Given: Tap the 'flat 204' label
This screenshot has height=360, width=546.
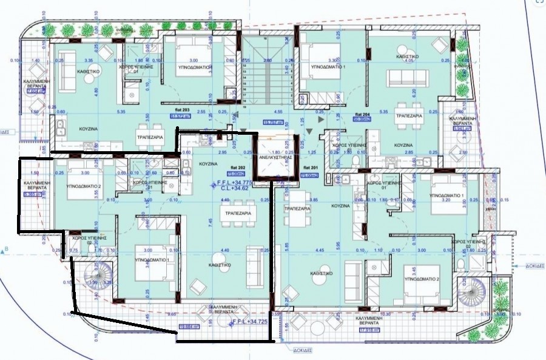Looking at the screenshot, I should [x=361, y=114].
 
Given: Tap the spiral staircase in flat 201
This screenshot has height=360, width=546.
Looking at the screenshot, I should [x=472, y=295].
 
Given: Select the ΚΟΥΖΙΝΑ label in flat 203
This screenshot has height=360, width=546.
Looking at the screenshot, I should [x=90, y=129].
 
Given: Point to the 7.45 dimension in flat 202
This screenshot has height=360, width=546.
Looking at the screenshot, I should [x=211, y=222].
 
